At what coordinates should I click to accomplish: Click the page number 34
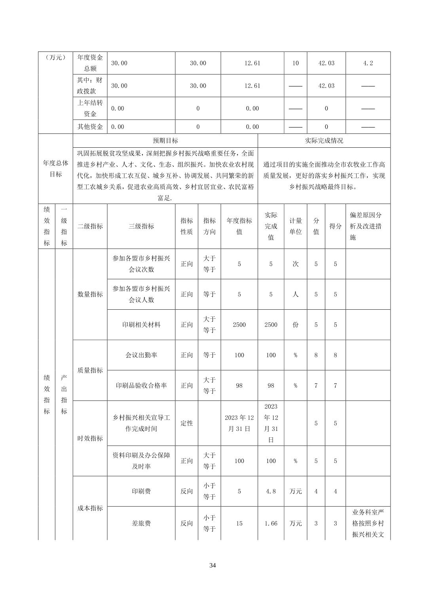pyautogui.click(x=212, y=565)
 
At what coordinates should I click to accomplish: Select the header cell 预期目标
pyautogui.click(x=165, y=141)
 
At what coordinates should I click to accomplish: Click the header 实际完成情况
pyautogui.click(x=324, y=141)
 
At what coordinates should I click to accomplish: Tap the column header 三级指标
pyautogui.click(x=141, y=226)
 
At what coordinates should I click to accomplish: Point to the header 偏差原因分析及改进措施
pyautogui.click(x=368, y=226)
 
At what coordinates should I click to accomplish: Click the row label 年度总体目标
pyautogui.click(x=55, y=169)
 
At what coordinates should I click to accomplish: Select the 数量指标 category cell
pyautogui.click(x=90, y=294)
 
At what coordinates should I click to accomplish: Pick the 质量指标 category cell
pyautogui.click(x=90, y=370)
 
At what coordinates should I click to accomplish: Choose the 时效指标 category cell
pyautogui.click(x=90, y=438)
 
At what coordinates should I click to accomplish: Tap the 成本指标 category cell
pyautogui.click(x=90, y=508)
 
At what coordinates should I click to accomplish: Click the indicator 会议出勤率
pyautogui.click(x=141, y=355)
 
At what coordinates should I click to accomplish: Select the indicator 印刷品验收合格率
pyautogui.click(x=141, y=385)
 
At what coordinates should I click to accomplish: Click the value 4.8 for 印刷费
pyautogui.click(x=271, y=492)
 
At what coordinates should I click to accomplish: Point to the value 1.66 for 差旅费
pyautogui.click(x=271, y=524)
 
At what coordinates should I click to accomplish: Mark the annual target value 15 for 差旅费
pyautogui.click(x=239, y=524)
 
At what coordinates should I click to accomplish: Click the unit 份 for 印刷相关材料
pyautogui.click(x=296, y=325)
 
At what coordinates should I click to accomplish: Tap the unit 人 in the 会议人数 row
pyautogui.click(x=296, y=294)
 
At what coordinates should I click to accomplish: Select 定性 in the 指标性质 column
pyautogui.click(x=187, y=423)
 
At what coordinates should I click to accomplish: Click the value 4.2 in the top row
pyautogui.click(x=368, y=63)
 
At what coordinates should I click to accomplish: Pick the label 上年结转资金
pyautogui.click(x=90, y=109)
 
